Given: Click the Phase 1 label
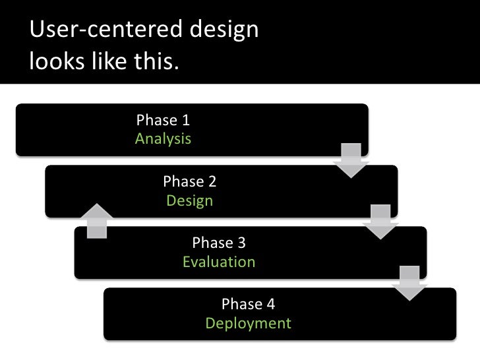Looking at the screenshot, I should [163, 120].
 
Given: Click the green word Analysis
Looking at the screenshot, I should [163, 139].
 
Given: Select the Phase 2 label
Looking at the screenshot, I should [190, 181].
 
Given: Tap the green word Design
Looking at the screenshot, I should [190, 200].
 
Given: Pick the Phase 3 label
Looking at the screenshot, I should [218, 243].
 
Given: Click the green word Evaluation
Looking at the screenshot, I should [218, 262].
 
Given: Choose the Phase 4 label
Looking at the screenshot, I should [248, 304].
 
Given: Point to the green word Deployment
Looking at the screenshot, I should [248, 324].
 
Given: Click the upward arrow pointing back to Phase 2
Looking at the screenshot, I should [97, 220].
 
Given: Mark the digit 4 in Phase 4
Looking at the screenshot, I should [270, 304].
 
